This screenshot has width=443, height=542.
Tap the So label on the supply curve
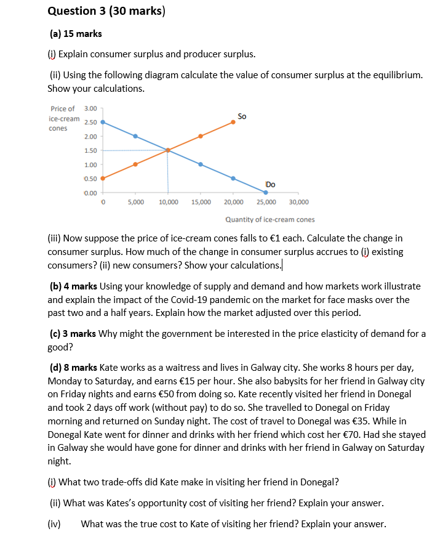[242, 116]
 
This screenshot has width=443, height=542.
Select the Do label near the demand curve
[270, 184]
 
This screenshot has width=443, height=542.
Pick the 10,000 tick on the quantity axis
[169, 202]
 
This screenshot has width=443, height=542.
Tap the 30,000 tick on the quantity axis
[298, 202]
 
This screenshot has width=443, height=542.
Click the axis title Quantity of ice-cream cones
[269, 219]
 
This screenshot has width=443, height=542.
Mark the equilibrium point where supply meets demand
[168, 150]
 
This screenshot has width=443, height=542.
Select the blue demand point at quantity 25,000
[265, 192]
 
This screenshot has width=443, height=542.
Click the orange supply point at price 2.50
[233, 122]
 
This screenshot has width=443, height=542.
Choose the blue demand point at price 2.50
[103, 122]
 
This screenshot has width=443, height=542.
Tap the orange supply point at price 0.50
[103, 178]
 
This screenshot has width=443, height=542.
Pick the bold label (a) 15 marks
[76, 33]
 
